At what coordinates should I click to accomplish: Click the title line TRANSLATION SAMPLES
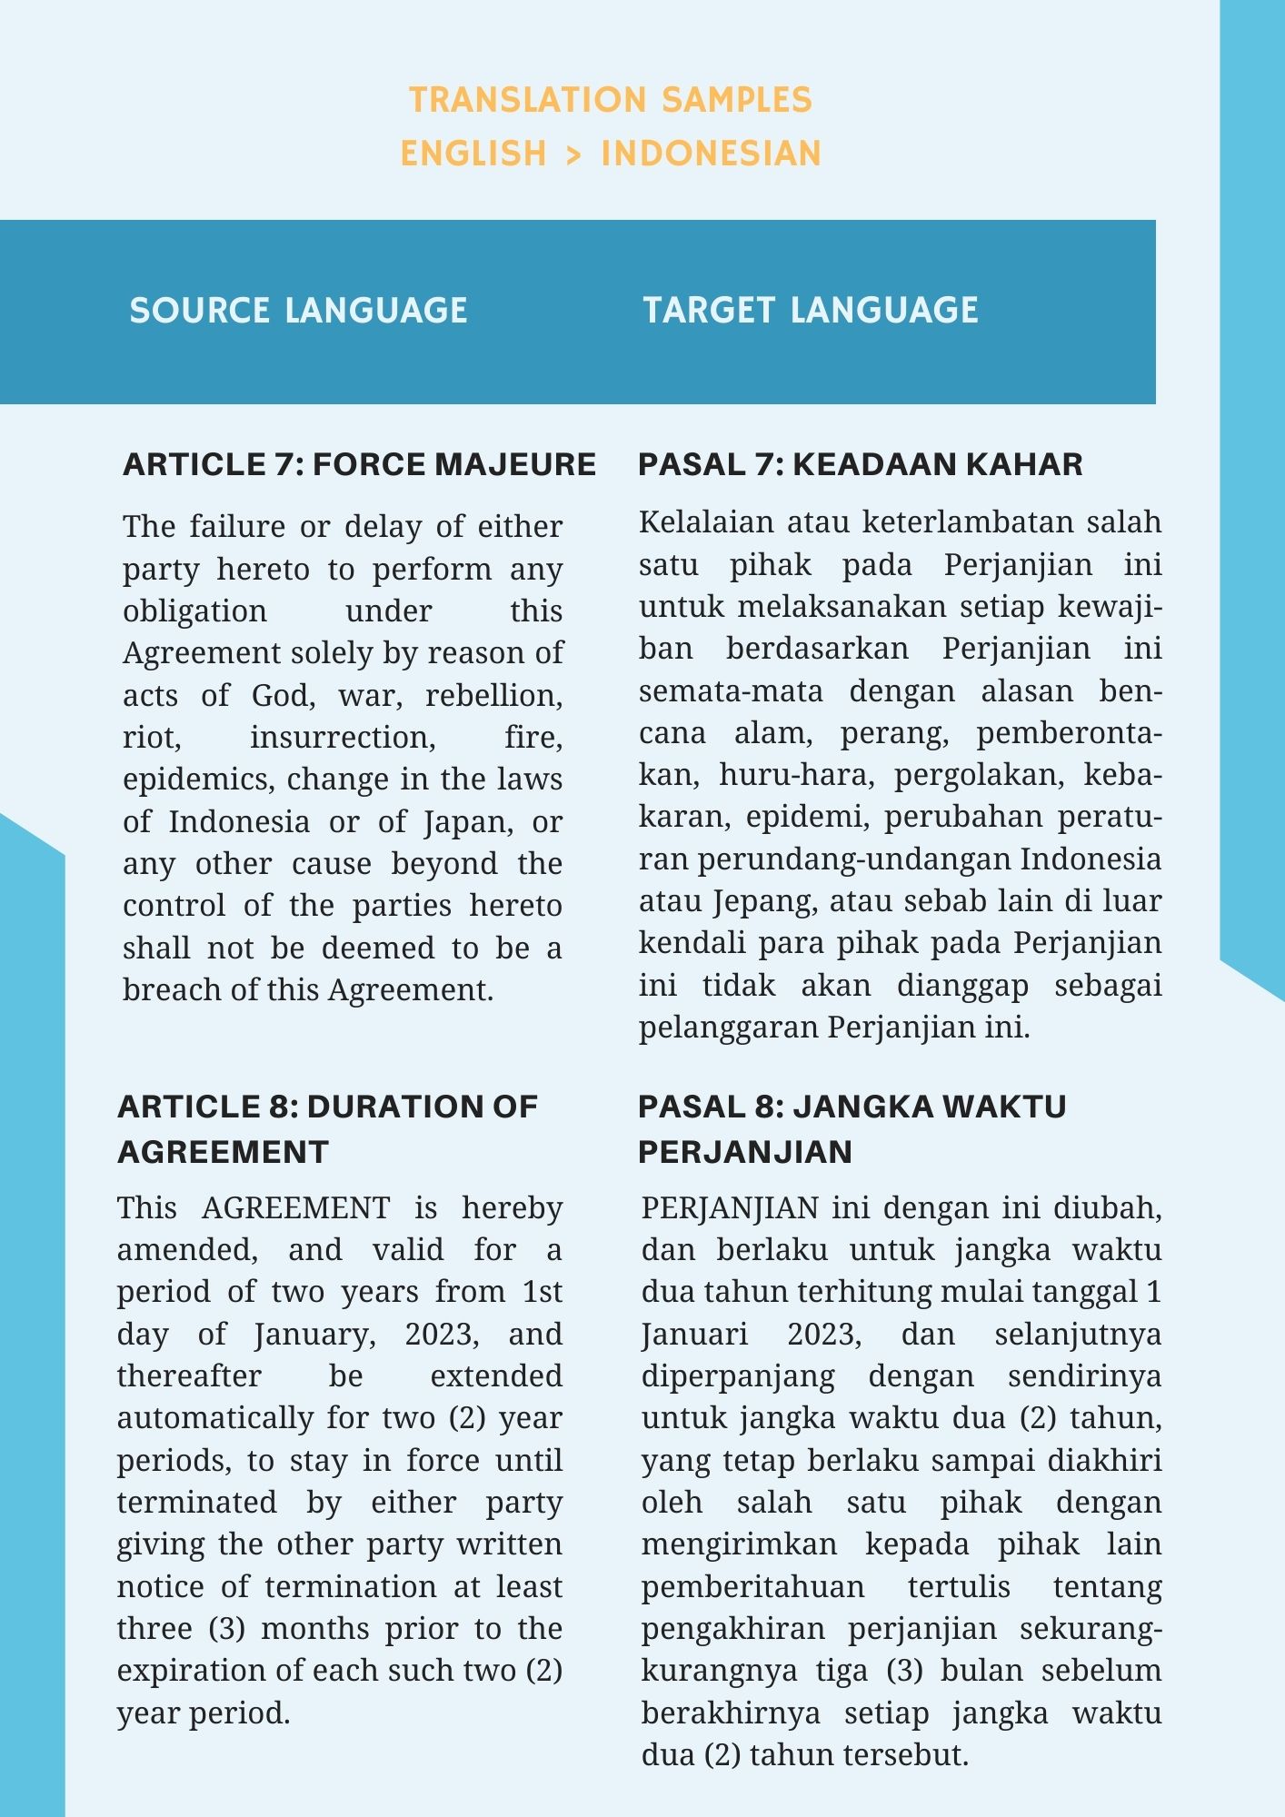611,99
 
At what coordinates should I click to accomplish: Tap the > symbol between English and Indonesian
573,154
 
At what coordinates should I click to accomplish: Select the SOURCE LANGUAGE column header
298,311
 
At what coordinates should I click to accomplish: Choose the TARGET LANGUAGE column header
811,311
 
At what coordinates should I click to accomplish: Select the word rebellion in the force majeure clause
493,695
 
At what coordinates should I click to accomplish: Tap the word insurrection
343,737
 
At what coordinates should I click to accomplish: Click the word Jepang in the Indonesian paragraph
762,900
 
